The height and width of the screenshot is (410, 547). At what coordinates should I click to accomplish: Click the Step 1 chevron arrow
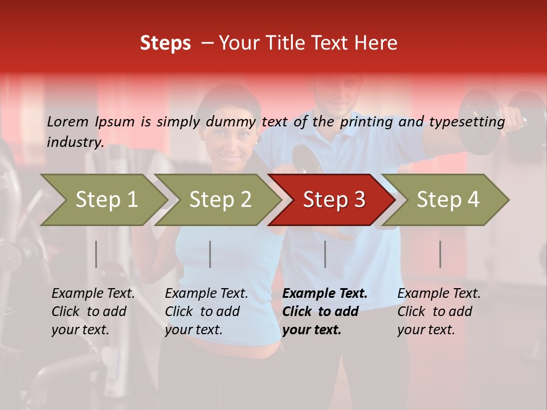point(106,200)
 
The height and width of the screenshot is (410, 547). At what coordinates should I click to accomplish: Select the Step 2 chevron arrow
point(220,200)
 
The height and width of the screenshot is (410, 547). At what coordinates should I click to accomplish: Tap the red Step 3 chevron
point(333,200)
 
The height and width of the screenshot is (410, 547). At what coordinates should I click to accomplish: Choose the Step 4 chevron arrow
point(447,200)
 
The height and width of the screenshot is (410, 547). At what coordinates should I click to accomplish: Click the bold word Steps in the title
point(165,43)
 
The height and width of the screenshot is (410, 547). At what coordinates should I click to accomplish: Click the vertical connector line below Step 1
point(96,254)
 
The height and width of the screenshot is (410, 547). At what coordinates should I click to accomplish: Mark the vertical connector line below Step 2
point(210,254)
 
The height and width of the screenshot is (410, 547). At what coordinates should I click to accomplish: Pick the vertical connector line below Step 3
point(325,254)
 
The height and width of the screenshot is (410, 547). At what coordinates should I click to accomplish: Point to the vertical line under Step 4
point(440,254)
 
